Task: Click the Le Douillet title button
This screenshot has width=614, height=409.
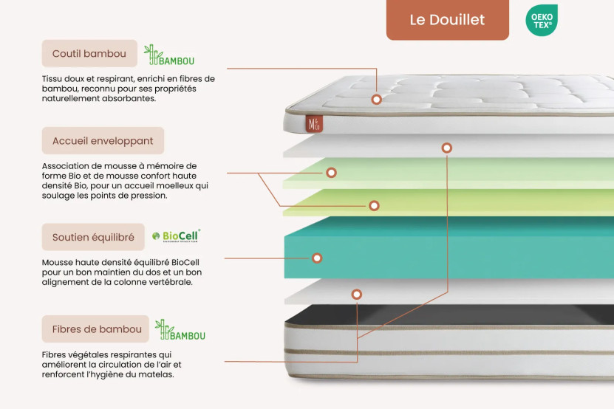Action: coord(447,20)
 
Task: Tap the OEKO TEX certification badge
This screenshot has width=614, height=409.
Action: coord(541,20)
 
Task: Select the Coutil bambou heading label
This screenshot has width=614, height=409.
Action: coord(89,54)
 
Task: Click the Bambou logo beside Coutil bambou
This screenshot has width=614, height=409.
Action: coord(169,55)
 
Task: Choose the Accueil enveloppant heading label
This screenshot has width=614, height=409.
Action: coord(103,140)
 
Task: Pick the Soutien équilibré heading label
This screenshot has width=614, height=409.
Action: coord(93,237)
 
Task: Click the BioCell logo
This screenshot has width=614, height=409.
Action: coord(176,236)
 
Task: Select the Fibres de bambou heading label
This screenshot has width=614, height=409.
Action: coord(97,329)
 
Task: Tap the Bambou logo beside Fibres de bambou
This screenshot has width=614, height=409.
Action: coord(180,330)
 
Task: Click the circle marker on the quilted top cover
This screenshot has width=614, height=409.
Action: coord(376,99)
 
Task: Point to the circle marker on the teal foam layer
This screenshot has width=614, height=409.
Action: coord(317,258)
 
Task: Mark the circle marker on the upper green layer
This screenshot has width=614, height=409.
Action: coord(332,172)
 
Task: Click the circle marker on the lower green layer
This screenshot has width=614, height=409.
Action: coord(374,205)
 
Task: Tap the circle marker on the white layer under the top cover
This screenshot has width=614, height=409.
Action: coord(446,148)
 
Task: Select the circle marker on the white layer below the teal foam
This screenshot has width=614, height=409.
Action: coord(357,294)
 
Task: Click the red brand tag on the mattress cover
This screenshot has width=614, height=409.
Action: coord(310,123)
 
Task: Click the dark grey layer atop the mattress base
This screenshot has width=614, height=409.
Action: coord(443,316)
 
